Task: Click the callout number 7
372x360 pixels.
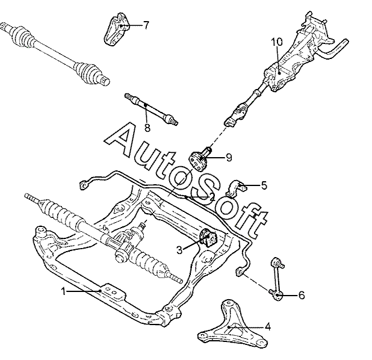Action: [146, 25]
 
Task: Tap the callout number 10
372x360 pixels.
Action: [277, 42]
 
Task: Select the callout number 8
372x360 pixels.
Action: [147, 128]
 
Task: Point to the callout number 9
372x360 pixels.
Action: [229, 157]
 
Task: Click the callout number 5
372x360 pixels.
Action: [264, 185]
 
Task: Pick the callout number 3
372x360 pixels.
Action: [179, 250]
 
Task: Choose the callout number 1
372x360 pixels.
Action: [63, 291]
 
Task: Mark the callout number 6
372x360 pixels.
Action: [302, 295]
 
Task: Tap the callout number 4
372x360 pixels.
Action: [268, 327]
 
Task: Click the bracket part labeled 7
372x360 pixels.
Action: [117, 29]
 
